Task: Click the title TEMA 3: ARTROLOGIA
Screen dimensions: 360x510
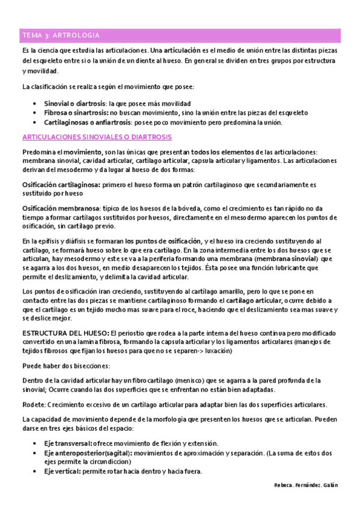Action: [x=61, y=35]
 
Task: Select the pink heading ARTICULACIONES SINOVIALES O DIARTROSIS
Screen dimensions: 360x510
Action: [x=96, y=137]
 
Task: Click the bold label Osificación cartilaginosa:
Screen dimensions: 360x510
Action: [x=61, y=185]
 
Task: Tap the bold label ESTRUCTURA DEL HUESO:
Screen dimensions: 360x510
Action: [x=65, y=333]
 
